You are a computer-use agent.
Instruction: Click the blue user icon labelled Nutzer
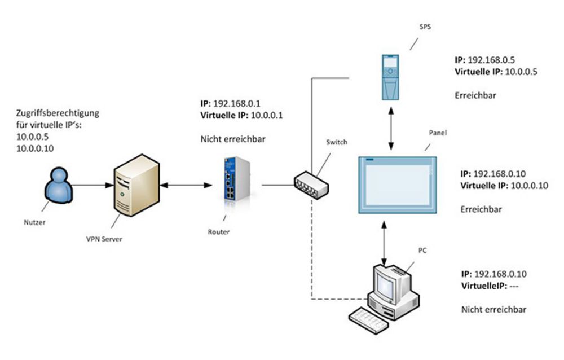[x=59, y=187]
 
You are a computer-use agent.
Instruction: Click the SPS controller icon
[x=390, y=78]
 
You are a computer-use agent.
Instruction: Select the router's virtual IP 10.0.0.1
[x=265, y=115]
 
